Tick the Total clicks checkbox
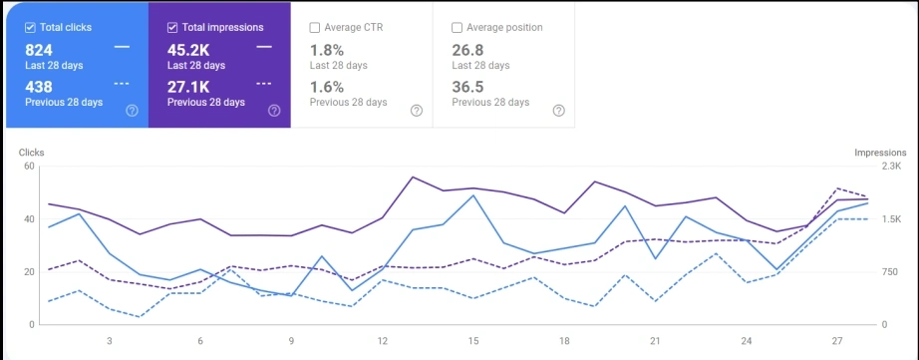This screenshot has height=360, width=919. pos(30,27)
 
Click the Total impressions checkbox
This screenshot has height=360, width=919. pos(173,27)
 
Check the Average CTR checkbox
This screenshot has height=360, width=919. pos(316,27)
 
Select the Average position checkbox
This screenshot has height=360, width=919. pos(458,27)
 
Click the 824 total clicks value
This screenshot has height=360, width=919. pos(39,50)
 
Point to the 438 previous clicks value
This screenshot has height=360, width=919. pos(39,87)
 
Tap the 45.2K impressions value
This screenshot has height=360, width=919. pos(188,50)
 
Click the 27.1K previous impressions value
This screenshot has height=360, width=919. pos(187,87)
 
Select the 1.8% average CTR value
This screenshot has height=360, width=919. pos(326,50)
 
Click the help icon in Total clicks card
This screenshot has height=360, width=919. pos(133,111)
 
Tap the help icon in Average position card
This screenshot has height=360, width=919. pos(558,111)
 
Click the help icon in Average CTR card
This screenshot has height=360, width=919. pos(417,111)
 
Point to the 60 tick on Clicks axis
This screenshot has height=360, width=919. pos(29,166)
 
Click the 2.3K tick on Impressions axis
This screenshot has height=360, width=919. pos(891,166)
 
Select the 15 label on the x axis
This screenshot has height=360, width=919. pos(473,340)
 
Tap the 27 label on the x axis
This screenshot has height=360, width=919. pos(837,340)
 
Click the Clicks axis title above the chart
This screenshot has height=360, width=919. pos(32,153)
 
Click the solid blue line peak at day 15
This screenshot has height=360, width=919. pos(473,195)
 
